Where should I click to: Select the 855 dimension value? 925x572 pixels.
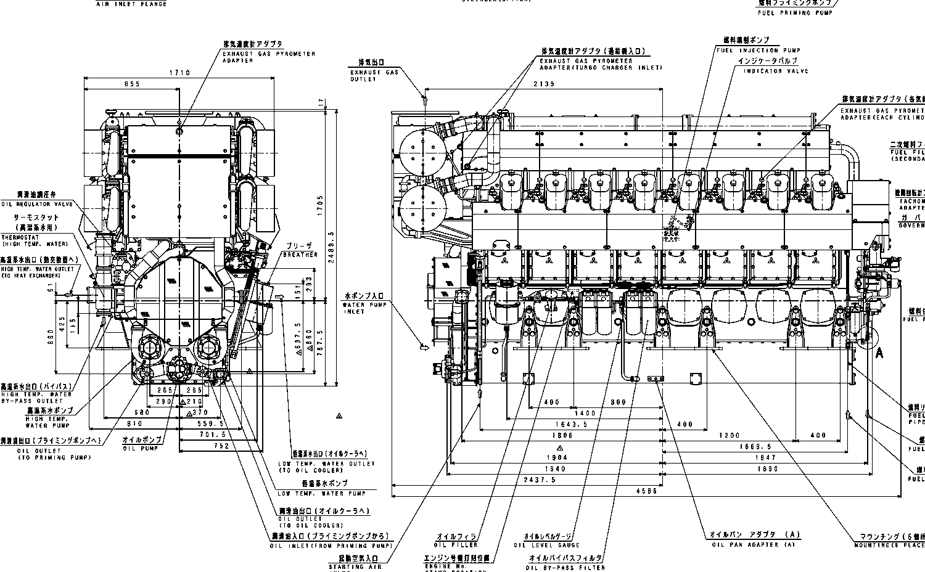(x=131, y=84)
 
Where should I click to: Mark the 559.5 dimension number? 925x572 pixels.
(x=212, y=424)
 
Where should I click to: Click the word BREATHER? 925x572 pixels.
(x=300, y=254)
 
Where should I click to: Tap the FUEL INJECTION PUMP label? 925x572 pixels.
(x=758, y=50)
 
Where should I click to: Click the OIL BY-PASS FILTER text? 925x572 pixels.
(x=565, y=567)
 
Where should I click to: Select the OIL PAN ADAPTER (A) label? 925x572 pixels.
(x=754, y=545)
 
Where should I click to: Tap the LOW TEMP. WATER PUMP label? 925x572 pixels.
(x=321, y=493)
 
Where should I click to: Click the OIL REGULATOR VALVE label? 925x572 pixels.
(x=38, y=204)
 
